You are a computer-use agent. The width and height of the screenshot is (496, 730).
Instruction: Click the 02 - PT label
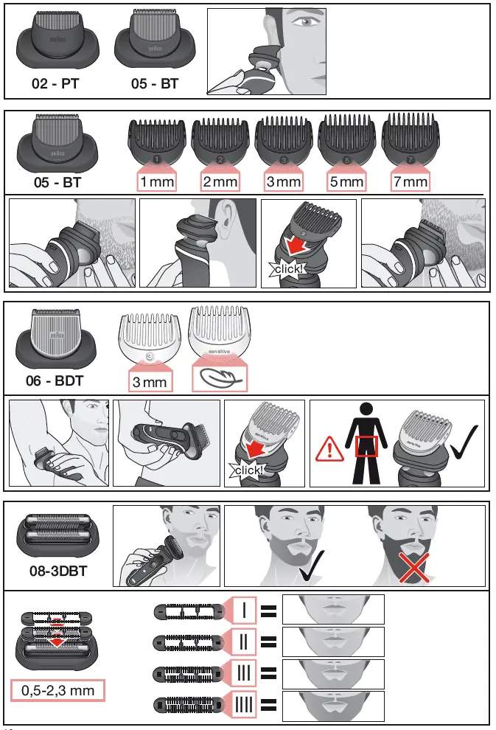click(55, 84)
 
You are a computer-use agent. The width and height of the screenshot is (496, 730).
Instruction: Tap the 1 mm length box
click(156, 181)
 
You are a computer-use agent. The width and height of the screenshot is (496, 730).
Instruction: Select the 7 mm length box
click(410, 181)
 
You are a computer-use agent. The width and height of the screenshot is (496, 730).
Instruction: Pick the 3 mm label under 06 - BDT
click(150, 381)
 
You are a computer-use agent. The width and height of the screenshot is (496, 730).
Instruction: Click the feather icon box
click(219, 378)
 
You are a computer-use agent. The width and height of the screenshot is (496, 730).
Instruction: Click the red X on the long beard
click(416, 568)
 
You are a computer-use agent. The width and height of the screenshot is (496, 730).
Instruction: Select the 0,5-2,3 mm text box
click(58, 691)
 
